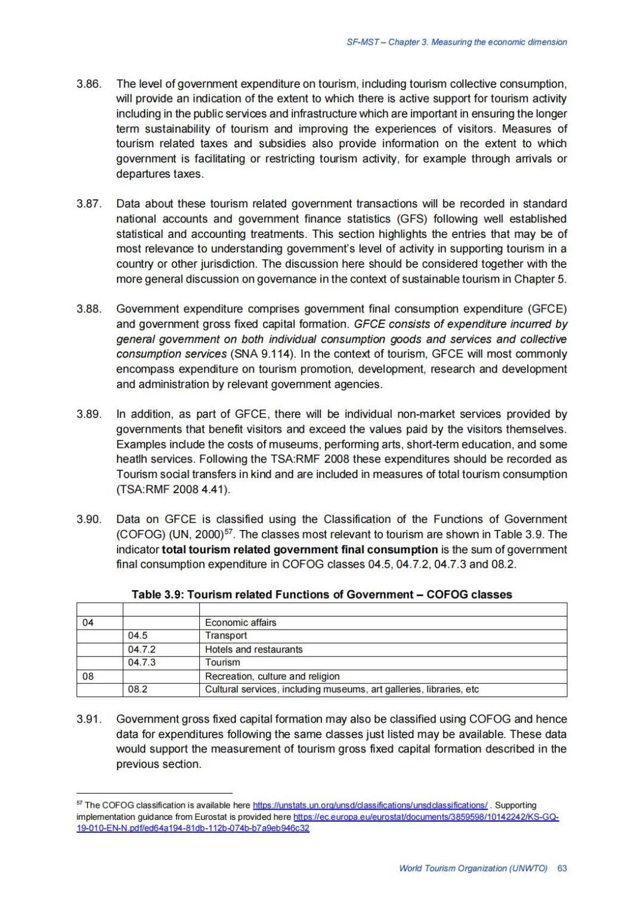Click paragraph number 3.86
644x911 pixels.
pyautogui.click(x=88, y=83)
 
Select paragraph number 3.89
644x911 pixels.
pyautogui.click(x=88, y=414)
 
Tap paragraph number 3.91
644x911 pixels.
pyautogui.click(x=88, y=719)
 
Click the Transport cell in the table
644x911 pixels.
pyautogui.click(x=226, y=636)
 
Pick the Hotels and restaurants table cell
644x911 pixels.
pyautogui.click(x=253, y=649)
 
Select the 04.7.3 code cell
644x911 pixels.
pyautogui.click(x=142, y=662)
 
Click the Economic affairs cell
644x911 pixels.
pyautogui.click(x=240, y=622)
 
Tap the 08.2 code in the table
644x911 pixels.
pyautogui.click(x=138, y=689)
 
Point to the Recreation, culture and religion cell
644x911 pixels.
pyautogui.click(x=272, y=676)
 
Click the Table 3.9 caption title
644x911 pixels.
pyautogui.click(x=321, y=594)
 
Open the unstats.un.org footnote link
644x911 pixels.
pyautogui.click(x=370, y=805)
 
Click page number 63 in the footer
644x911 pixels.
pyautogui.click(x=562, y=868)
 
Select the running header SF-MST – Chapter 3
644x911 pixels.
pyautogui.click(x=456, y=42)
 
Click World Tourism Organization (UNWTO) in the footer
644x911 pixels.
pyautogui.click(x=473, y=868)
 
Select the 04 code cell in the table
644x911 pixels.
pyautogui.click(x=88, y=622)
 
